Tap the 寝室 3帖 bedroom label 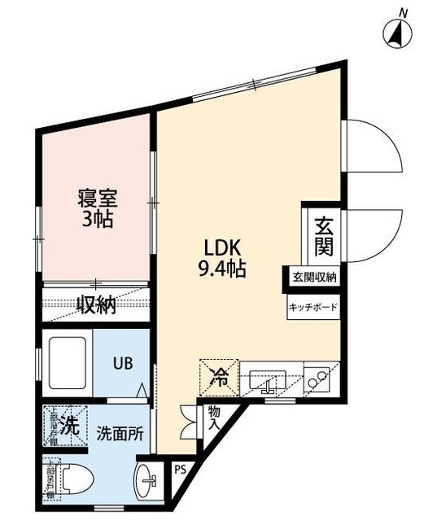[x=96, y=208]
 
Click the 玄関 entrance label [x=323, y=233]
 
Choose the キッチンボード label [x=312, y=308]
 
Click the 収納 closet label [x=96, y=305]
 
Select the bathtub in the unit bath [x=68, y=362]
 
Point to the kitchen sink [x=267, y=380]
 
